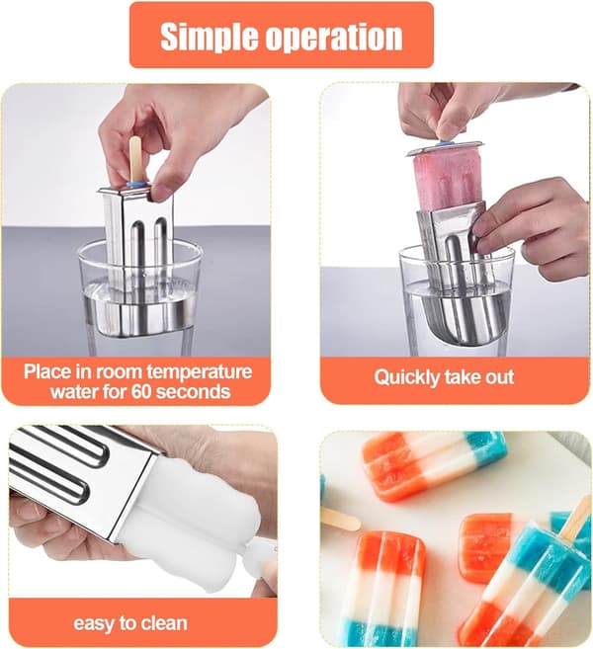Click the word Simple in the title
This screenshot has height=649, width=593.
[210, 37]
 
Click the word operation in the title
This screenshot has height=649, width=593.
[334, 38]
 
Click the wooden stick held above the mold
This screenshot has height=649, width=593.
[135, 158]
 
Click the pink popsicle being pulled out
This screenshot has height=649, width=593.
[448, 181]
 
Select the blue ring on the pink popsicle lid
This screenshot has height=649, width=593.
[447, 144]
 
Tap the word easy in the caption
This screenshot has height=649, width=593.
[92, 623]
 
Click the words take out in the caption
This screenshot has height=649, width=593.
[479, 377]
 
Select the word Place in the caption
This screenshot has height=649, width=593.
[46, 371]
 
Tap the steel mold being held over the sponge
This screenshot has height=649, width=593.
[83, 476]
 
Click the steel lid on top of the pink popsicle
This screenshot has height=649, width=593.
[445, 148]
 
